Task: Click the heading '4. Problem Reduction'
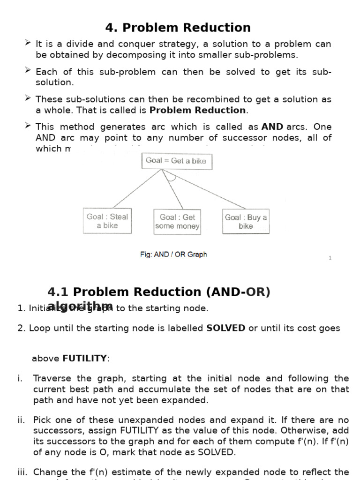click(x=178, y=28)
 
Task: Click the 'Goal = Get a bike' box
click(x=177, y=161)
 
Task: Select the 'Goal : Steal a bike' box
click(x=107, y=221)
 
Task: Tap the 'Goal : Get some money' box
click(x=177, y=222)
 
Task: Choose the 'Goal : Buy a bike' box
click(x=246, y=221)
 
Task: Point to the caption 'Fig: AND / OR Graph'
click(x=173, y=255)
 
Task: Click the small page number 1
click(x=330, y=258)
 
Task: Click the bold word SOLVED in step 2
click(x=225, y=328)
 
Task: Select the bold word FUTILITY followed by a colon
click(x=84, y=359)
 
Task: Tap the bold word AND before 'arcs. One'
click(x=272, y=127)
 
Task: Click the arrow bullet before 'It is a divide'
click(x=28, y=43)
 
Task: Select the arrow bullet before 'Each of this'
click(x=28, y=71)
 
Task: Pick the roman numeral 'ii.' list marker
click(x=21, y=420)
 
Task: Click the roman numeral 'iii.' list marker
click(x=22, y=472)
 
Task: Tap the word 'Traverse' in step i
click(x=52, y=378)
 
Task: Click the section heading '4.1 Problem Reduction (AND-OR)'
click(x=159, y=292)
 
